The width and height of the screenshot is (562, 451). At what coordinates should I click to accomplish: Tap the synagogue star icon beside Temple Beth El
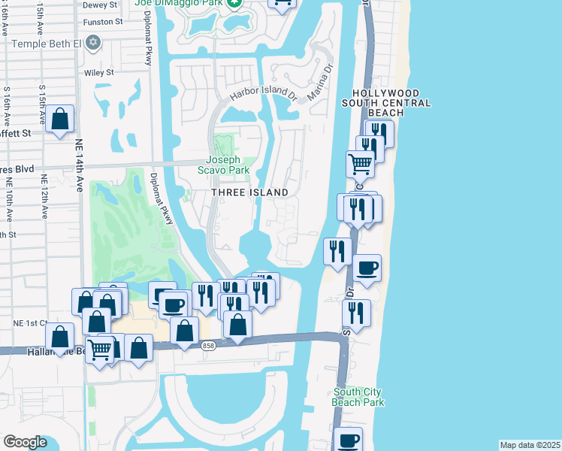coord(93,42)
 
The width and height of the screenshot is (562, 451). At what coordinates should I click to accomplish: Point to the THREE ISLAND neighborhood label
coord(250,193)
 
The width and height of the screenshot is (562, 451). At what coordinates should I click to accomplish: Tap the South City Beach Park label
coord(358,397)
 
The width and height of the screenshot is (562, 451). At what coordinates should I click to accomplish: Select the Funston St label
coord(104,23)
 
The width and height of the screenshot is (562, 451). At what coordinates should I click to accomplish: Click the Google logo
coord(26,442)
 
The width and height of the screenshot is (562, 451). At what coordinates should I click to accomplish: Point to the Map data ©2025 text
coord(529,445)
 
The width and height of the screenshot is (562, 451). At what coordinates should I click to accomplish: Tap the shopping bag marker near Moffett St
coord(59,119)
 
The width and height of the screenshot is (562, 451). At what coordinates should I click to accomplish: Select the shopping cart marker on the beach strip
coord(361,163)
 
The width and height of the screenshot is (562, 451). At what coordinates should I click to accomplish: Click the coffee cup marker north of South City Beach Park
coord(367,268)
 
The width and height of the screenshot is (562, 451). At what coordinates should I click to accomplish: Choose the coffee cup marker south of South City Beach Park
coord(348,440)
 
